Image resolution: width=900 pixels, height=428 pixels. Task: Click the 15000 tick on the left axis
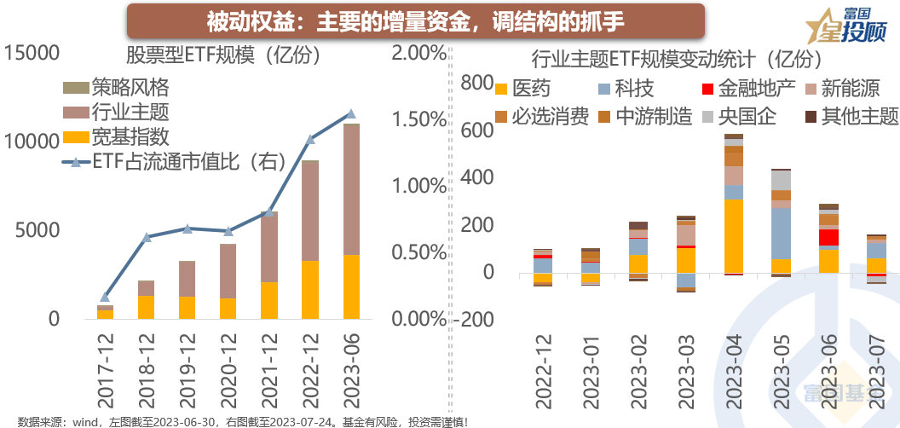coord(32,53)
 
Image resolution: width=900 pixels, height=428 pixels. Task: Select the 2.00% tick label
coord(419,53)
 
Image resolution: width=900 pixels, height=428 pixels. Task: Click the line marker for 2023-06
coord(350,113)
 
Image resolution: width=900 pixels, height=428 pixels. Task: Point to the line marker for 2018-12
coord(147,236)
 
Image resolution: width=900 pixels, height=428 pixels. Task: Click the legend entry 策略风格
coord(117,87)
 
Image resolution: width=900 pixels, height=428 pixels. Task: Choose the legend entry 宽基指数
coord(117,136)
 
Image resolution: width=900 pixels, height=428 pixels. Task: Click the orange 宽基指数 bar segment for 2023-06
coord(350,286)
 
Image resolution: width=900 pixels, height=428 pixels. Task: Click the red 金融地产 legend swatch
coord(707,89)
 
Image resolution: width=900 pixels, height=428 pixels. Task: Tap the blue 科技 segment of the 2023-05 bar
coord(780,233)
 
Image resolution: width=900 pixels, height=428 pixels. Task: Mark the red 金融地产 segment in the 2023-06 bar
coord(828,237)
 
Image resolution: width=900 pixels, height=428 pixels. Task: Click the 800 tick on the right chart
coord(476,82)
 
